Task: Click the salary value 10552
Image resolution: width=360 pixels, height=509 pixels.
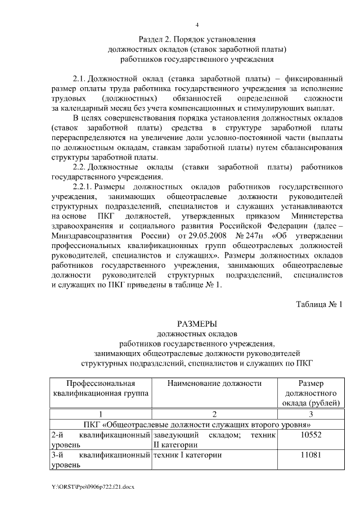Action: [x=310, y=435]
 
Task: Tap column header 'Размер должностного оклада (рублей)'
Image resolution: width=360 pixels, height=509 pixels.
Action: [x=310, y=393]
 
